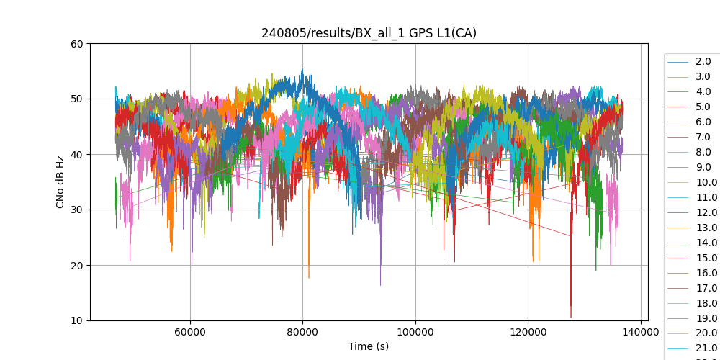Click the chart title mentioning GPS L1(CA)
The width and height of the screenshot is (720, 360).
(369, 33)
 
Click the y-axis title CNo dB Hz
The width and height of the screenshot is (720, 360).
(60, 182)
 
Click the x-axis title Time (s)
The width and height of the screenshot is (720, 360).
(369, 346)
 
